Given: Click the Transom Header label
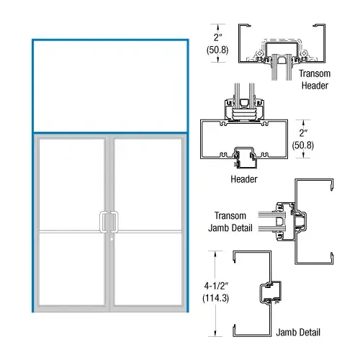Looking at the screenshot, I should [315, 79].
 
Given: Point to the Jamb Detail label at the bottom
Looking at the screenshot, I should [298, 333].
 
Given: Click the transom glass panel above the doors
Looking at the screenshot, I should [110, 85].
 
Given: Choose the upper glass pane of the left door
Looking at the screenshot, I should [72, 184].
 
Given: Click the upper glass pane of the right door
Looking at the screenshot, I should [148, 184].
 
